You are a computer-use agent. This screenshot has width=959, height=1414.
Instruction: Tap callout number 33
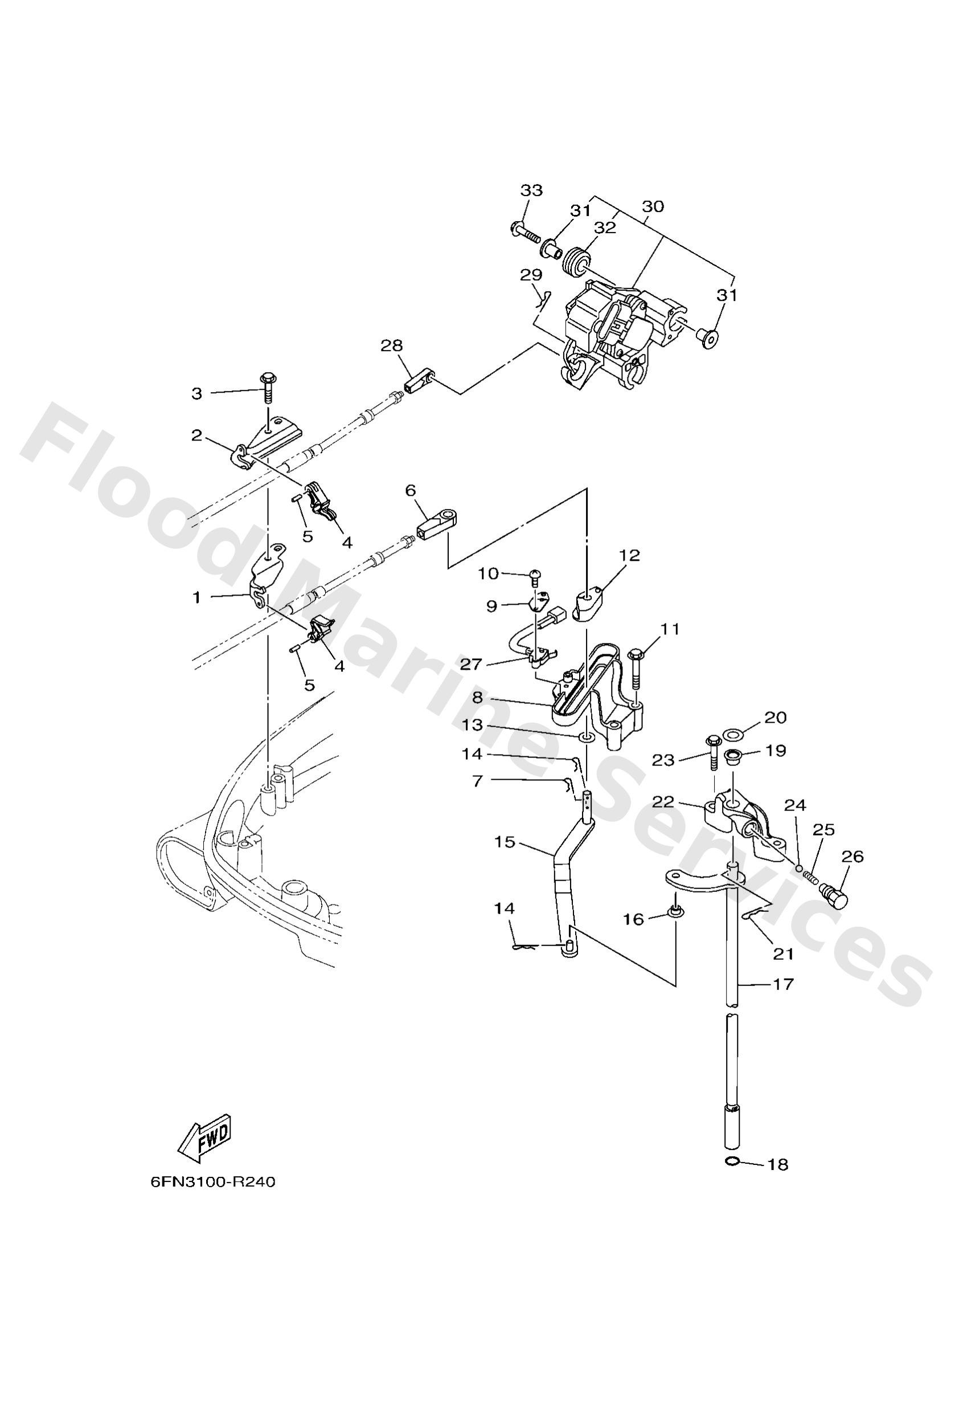(x=531, y=190)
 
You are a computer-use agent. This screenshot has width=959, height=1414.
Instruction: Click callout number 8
(x=477, y=698)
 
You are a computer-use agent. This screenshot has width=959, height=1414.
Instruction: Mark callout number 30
(x=653, y=206)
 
